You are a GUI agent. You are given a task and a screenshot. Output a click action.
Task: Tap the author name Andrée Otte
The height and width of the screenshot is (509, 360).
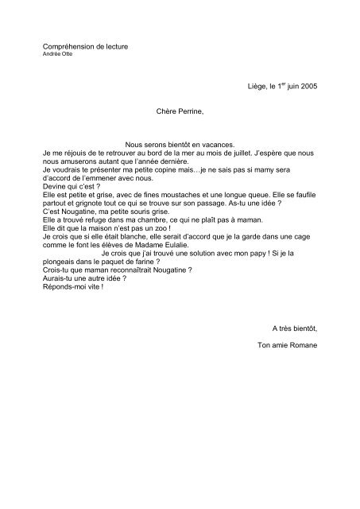click(56, 56)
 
